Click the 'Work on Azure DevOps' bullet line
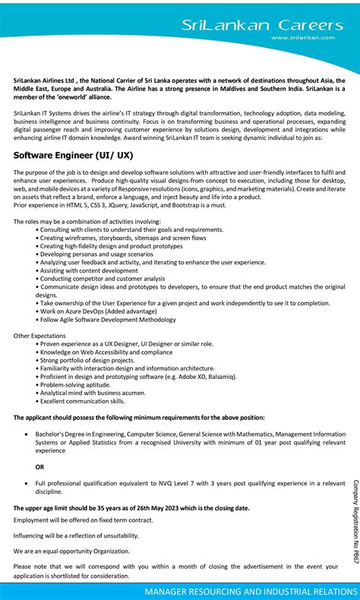[99, 311]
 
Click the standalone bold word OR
[40, 466]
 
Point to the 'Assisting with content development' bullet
[89, 270]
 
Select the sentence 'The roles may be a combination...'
[87, 221]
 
